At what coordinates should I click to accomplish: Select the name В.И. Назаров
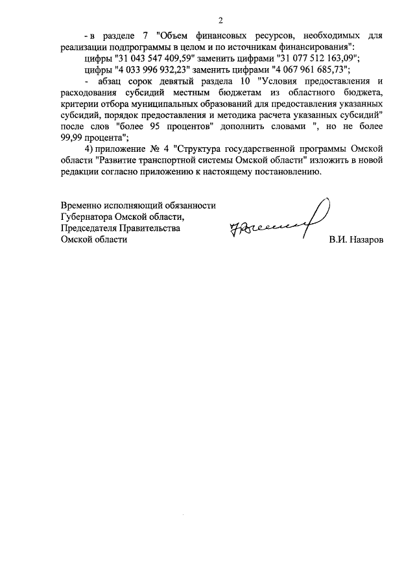click(356, 240)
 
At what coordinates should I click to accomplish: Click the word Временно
click(82, 204)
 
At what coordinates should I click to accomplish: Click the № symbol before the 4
click(150, 149)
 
